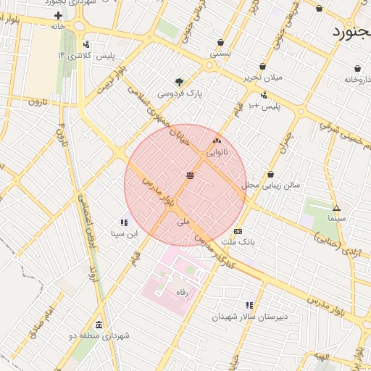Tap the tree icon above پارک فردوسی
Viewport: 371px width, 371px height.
coord(179,82)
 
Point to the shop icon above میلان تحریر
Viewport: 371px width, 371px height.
coord(262,66)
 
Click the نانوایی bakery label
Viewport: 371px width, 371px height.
coord(217,152)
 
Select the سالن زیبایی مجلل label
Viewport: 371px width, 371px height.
coord(270,185)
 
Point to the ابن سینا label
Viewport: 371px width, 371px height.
coord(123,233)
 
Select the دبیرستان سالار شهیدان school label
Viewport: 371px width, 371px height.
coord(250,317)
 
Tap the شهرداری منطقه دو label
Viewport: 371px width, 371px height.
coord(99,335)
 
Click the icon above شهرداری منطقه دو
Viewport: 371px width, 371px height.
coord(99,325)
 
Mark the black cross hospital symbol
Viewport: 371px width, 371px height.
coord(58,15)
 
